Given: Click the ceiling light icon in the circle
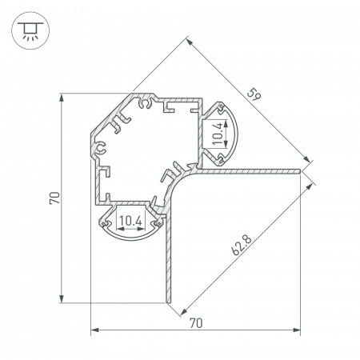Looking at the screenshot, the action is click(x=30, y=30).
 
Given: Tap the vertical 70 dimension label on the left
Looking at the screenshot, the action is click(x=54, y=198).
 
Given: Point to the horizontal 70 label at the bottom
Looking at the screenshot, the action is click(x=196, y=323).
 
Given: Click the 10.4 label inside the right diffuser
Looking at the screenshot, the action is click(x=218, y=134).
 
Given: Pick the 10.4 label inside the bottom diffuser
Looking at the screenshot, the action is click(x=130, y=221).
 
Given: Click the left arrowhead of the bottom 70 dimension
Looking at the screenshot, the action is click(x=94, y=330).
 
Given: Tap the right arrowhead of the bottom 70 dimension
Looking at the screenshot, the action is click(x=297, y=330).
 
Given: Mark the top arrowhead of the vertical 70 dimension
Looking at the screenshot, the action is click(x=62, y=98).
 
